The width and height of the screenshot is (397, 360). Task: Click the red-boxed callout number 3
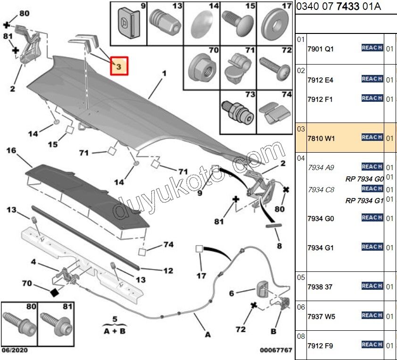119,67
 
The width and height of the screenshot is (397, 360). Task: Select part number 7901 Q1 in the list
320,49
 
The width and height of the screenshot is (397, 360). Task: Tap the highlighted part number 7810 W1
321,138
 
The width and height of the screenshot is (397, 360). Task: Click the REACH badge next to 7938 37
372,286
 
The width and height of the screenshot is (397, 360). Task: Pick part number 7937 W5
321,316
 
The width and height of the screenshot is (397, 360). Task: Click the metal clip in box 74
274,114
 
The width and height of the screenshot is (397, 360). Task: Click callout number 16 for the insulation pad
11,151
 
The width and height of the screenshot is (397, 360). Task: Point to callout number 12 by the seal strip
168,271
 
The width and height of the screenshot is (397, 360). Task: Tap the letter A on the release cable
207,335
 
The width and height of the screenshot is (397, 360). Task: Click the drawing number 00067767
276,351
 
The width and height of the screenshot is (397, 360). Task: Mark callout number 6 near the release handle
232,293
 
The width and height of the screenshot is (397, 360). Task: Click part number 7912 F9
320,345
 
